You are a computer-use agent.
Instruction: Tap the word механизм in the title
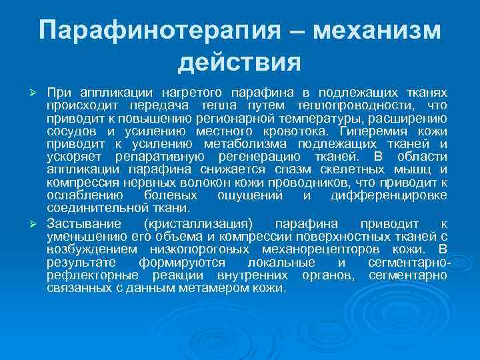377,31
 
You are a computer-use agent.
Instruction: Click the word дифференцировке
389,195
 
